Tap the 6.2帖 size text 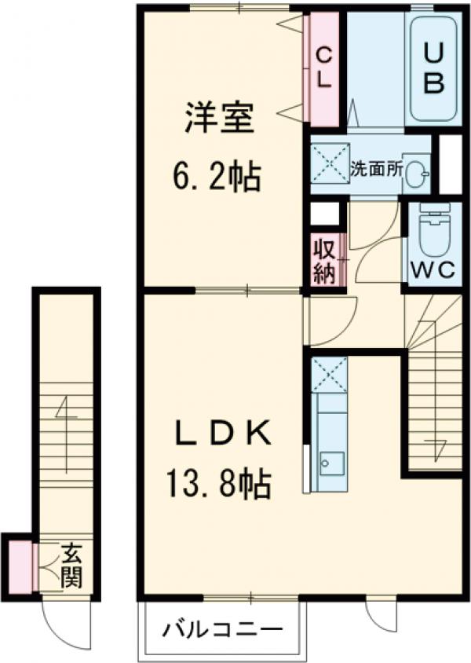point(217,178)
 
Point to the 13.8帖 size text point(218,484)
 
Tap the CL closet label point(323,68)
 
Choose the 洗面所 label point(377,167)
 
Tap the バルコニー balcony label point(222,630)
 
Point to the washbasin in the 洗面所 point(418,169)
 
